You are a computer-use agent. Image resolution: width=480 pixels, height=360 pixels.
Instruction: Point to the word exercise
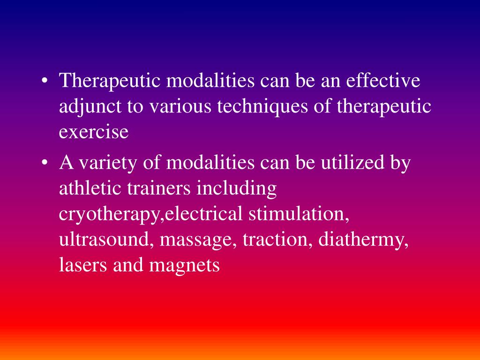93,133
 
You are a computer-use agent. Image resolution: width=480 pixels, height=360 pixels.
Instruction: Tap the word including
237,189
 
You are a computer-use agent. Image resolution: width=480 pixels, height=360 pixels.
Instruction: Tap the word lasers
82,265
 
